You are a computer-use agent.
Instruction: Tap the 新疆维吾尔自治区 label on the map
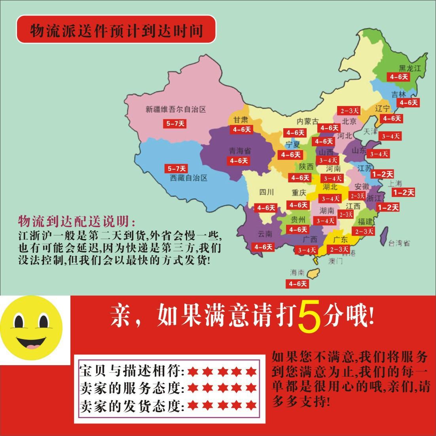(176, 109)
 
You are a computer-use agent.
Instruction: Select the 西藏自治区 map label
(189, 178)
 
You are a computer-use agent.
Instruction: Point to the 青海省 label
(240, 151)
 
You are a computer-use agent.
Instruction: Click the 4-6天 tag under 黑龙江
(398, 77)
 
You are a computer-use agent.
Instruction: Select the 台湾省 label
(399, 243)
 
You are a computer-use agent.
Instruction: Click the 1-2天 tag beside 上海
(403, 193)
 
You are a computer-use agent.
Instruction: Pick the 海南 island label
(297, 273)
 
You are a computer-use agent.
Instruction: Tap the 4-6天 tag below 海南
(298, 284)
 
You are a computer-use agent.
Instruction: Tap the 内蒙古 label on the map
(308, 121)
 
